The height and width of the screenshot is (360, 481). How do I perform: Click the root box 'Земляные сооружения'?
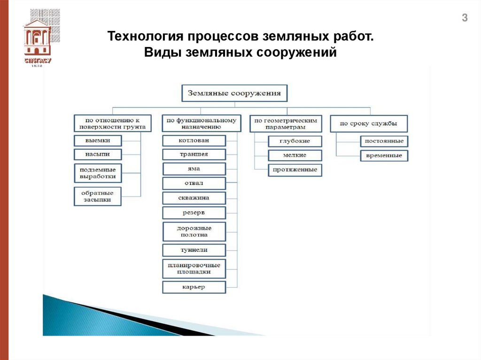tap(234, 93)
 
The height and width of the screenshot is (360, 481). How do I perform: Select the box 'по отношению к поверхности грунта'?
tap(113, 123)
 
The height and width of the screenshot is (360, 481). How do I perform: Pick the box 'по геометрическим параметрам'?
tap(286, 123)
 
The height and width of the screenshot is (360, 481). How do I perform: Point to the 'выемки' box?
tap(98, 140)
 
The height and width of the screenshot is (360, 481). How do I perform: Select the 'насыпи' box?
tap(98, 154)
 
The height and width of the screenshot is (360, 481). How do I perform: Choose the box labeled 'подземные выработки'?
tap(98, 173)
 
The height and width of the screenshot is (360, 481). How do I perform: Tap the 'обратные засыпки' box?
tap(98, 196)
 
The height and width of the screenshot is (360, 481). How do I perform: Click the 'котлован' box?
tap(194, 140)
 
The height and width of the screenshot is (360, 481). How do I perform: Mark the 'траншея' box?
tap(194, 154)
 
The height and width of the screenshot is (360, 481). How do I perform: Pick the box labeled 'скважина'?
tap(194, 198)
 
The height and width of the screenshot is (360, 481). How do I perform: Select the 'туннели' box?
tap(194, 250)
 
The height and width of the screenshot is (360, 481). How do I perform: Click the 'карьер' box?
tap(194, 287)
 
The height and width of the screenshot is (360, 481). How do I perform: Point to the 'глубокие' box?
tap(295, 141)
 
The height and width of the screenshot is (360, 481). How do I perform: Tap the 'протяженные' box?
tap(295, 170)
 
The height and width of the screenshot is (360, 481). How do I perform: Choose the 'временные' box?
tap(384, 155)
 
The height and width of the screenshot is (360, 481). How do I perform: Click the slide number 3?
tap(465, 19)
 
